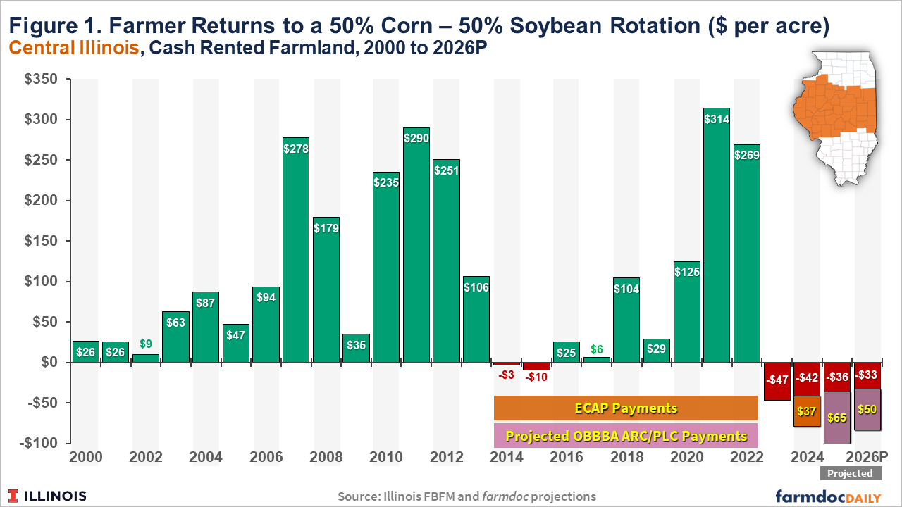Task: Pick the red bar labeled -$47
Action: (x=777, y=381)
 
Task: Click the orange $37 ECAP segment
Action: (x=806, y=411)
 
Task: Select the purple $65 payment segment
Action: (x=836, y=418)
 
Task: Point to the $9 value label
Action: (x=144, y=345)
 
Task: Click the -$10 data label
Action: (x=536, y=376)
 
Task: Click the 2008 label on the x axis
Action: (x=326, y=457)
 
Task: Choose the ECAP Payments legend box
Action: (x=626, y=408)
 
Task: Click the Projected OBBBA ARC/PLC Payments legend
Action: (x=626, y=436)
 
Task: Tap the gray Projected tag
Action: (x=850, y=474)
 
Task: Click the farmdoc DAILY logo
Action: (x=828, y=496)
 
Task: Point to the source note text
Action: (x=467, y=496)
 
